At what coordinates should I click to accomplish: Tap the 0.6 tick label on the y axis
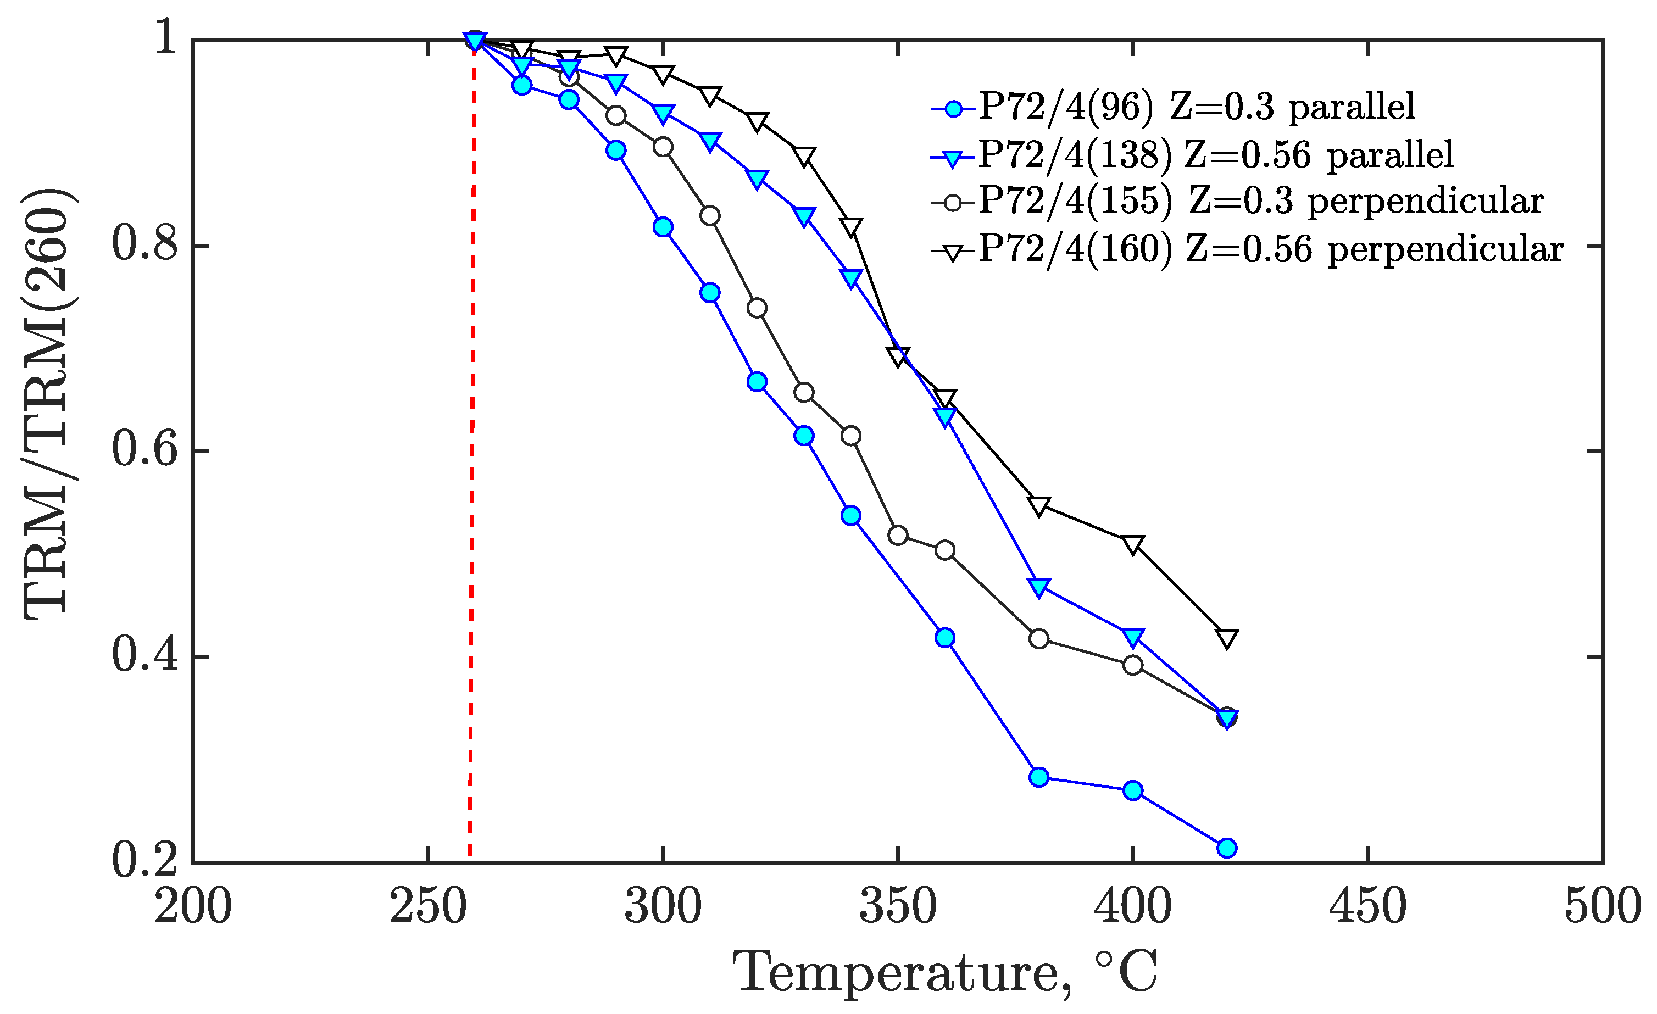click(145, 450)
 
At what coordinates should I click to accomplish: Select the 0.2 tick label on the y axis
click(145, 861)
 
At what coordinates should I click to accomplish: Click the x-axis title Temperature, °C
click(944, 972)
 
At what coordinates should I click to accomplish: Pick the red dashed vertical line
click(471, 471)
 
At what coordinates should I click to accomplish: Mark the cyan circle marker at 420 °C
click(1227, 848)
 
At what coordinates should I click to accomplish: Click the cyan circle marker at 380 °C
click(1038, 777)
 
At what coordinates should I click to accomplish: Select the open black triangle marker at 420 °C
click(1227, 637)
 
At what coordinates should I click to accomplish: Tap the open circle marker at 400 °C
click(1132, 665)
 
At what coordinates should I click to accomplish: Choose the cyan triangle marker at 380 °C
click(1038, 586)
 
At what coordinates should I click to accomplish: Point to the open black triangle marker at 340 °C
click(850, 227)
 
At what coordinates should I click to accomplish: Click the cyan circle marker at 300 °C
click(663, 227)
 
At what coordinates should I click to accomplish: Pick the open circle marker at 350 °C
click(898, 535)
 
